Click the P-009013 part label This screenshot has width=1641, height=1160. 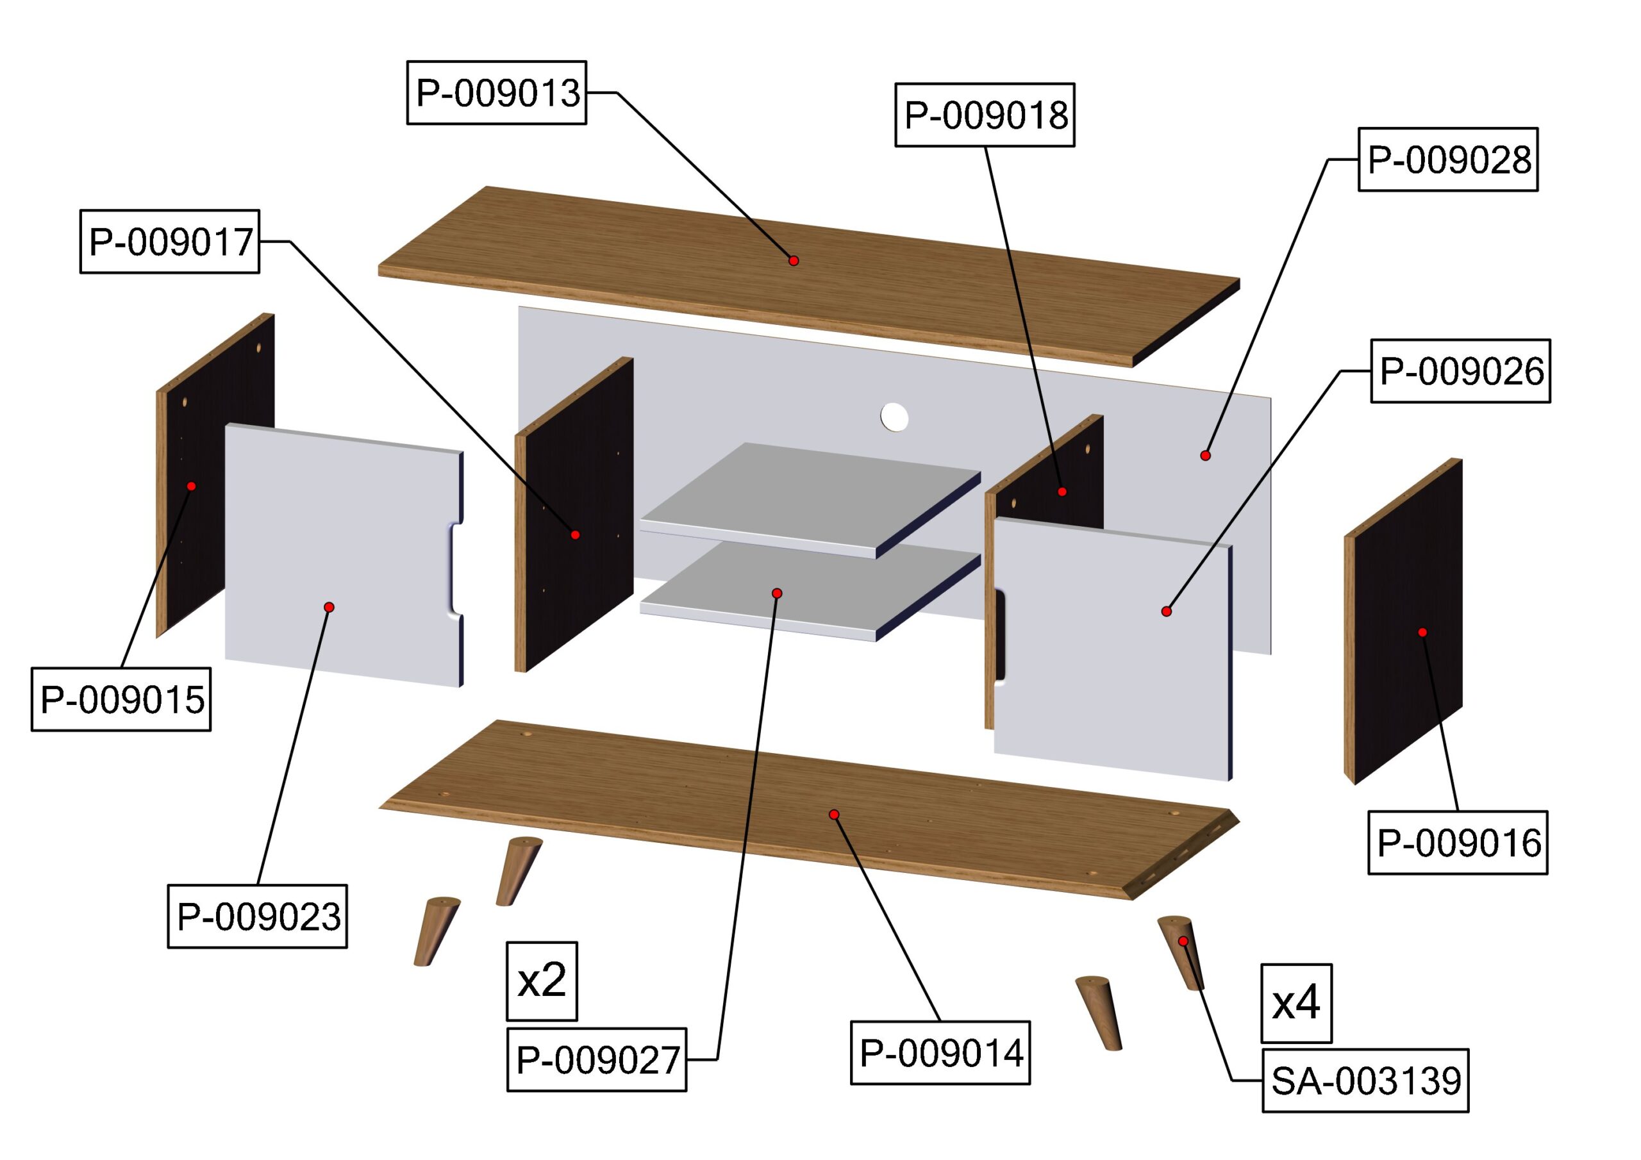click(497, 93)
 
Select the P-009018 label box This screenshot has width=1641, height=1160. click(985, 115)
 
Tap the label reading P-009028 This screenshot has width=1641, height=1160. click(1448, 160)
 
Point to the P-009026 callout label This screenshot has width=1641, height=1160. click(1460, 371)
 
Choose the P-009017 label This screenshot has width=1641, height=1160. click(169, 242)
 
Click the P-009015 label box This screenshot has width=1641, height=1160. click(122, 699)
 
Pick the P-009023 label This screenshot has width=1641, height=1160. click(257, 916)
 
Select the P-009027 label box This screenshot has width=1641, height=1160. click(597, 1059)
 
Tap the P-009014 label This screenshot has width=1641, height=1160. click(940, 1052)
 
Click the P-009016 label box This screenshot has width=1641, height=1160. click(1458, 843)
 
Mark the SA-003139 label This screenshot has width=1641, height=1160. click(1365, 1081)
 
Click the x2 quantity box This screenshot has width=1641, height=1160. click(542, 981)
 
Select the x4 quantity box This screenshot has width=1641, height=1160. click(1295, 1003)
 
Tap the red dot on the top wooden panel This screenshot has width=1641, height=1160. click(794, 261)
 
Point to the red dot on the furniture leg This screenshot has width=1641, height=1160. click(1183, 941)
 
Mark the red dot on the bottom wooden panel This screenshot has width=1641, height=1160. click(833, 815)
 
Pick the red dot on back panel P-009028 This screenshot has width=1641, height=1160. click(1205, 455)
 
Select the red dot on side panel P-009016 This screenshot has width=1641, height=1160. click(1422, 633)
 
